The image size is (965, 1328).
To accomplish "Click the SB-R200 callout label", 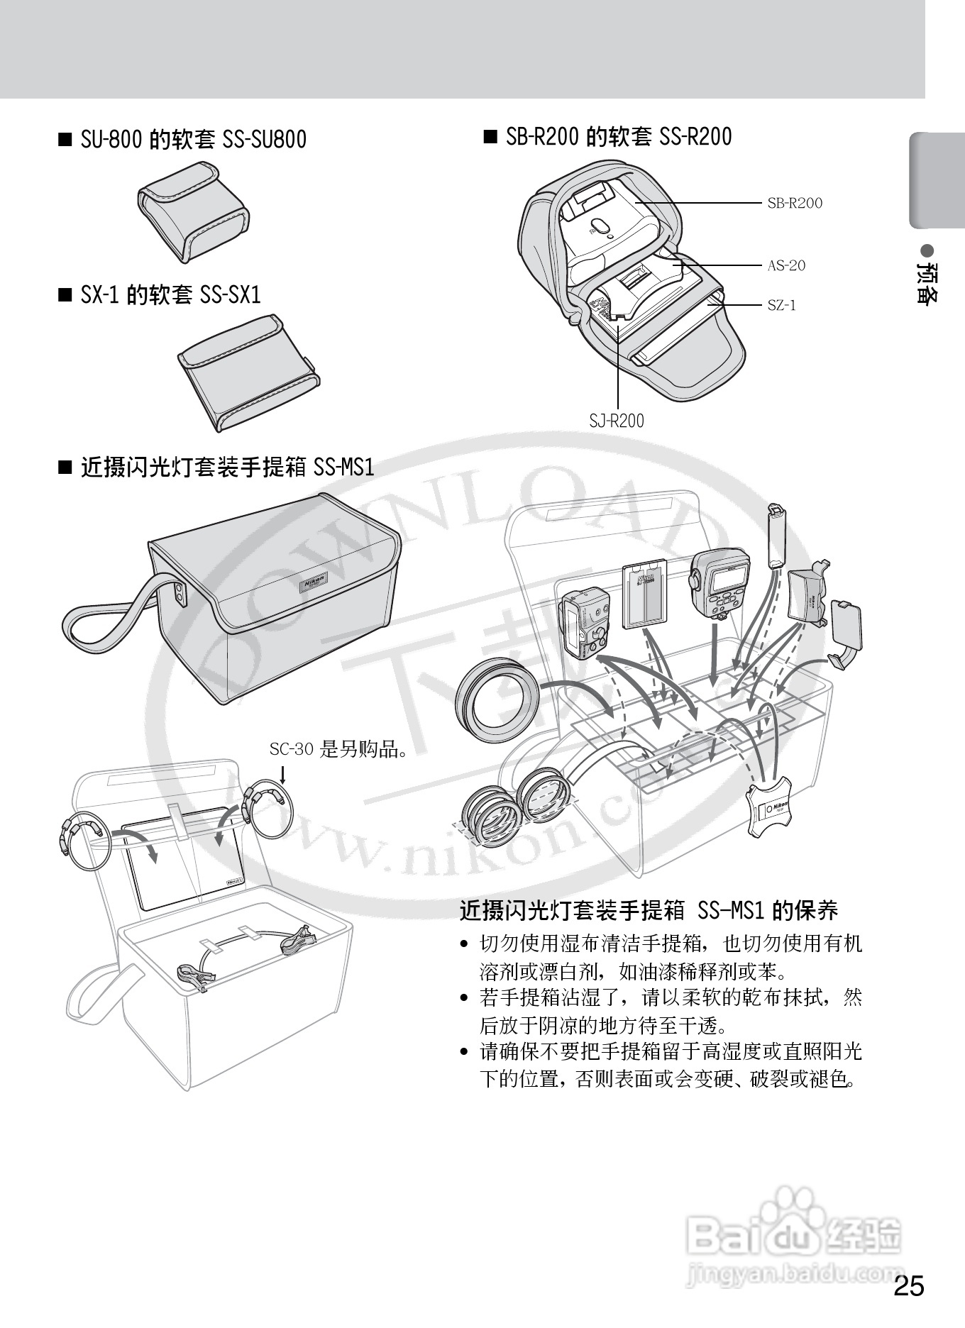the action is (x=794, y=203).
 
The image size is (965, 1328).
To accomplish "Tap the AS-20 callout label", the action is (x=786, y=265).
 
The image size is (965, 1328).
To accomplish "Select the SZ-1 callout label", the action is (x=781, y=305).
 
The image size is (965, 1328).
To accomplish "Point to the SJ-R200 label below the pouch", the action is (x=617, y=421).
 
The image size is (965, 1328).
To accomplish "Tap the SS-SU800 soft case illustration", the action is (x=193, y=211).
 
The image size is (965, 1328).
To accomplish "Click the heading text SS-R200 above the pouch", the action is (x=695, y=136).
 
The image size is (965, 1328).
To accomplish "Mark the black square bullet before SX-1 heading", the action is (x=65, y=294).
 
